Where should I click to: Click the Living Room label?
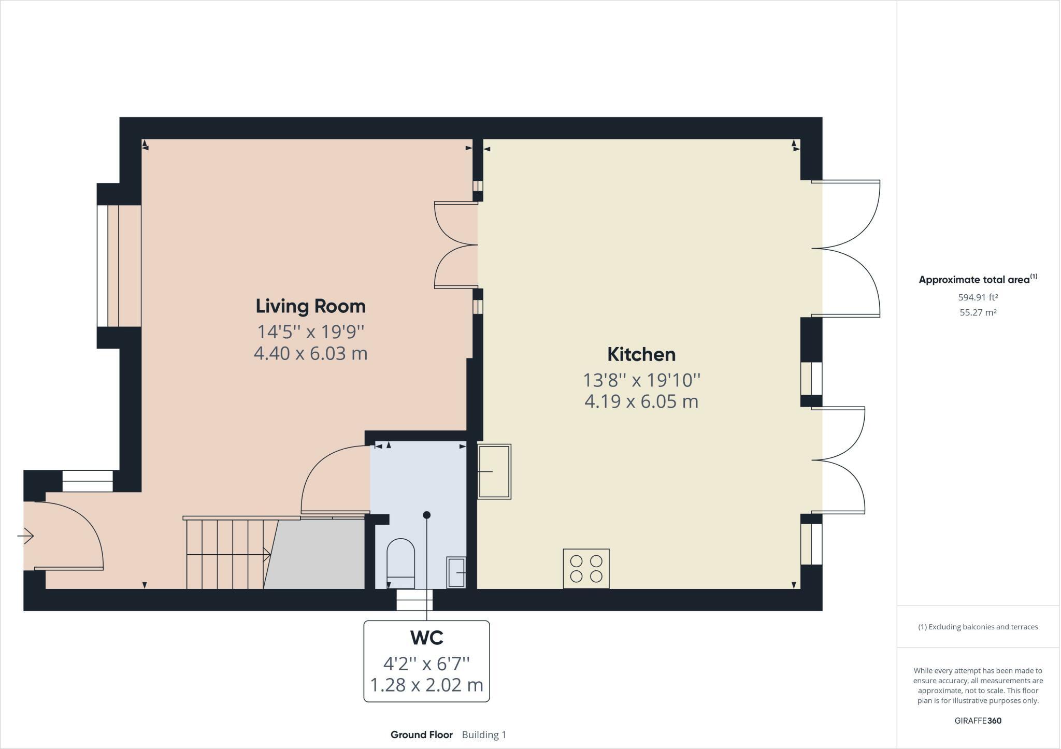(310, 306)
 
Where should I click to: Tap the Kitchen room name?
(641, 355)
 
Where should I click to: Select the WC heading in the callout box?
(426, 638)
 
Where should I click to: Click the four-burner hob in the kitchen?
(586, 569)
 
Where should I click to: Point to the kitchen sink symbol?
(494, 471)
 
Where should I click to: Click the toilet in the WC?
(401, 564)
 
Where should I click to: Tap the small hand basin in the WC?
(456, 572)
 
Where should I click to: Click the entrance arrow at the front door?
(25, 536)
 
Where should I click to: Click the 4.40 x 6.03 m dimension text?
(310, 354)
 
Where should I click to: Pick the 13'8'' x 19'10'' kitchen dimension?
(641, 380)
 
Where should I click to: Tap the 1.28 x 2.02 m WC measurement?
(426, 685)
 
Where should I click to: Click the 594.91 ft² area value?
(978, 297)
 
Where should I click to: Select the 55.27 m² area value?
(978, 312)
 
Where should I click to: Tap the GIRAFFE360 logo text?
(978, 721)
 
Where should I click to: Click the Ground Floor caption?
(421, 734)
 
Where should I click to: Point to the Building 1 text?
(484, 734)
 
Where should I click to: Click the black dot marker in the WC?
(426, 515)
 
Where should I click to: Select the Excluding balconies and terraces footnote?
(978, 627)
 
